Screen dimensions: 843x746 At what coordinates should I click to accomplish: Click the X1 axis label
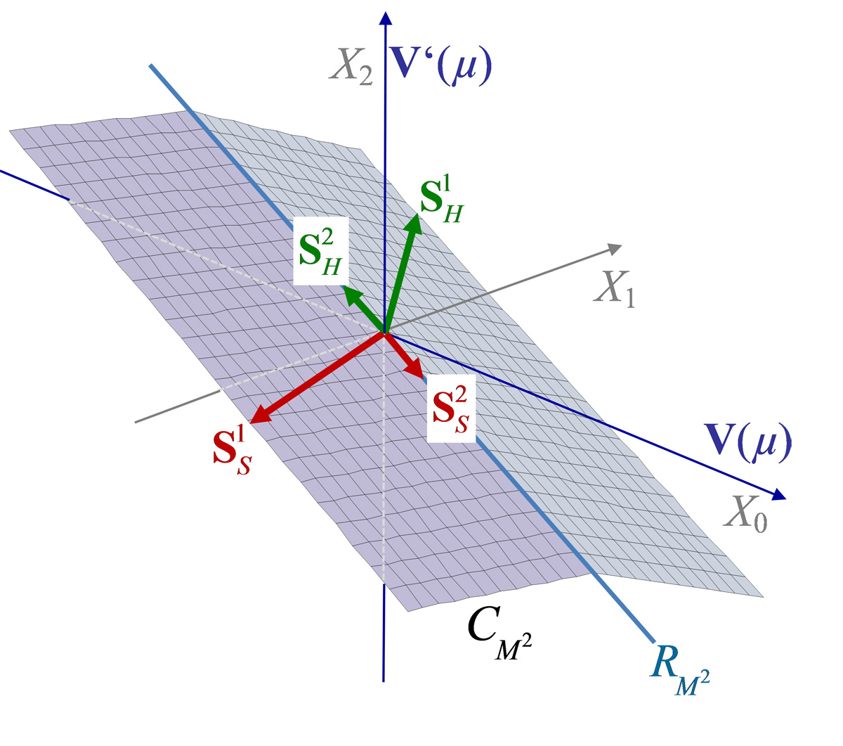click(x=614, y=290)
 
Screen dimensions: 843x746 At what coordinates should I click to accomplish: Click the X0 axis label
click(x=745, y=513)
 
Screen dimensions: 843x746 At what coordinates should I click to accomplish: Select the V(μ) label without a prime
click(x=747, y=442)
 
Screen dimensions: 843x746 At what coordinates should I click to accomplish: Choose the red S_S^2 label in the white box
click(x=451, y=409)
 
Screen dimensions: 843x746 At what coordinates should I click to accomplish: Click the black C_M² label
click(x=499, y=634)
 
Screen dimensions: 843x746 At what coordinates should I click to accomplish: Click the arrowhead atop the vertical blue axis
click(x=386, y=18)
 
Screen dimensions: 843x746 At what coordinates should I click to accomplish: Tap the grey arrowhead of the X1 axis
click(x=614, y=249)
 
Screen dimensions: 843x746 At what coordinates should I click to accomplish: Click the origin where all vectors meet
click(x=384, y=333)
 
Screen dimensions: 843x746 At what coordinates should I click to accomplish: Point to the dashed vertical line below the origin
click(x=384, y=458)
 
